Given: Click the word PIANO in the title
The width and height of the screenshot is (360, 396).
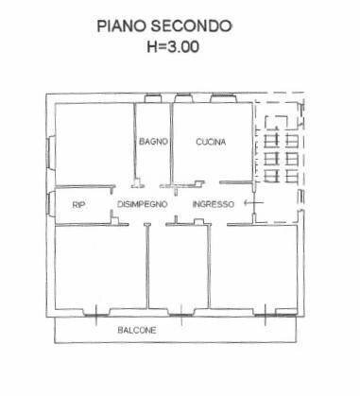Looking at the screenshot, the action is (x=120, y=26).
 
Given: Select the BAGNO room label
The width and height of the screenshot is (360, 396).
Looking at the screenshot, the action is (x=152, y=142).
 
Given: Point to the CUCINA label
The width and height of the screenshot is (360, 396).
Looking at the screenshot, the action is (x=211, y=142).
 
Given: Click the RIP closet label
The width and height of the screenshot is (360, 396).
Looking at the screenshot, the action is (x=77, y=205).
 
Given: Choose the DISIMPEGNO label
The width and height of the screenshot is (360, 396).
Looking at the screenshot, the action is (x=143, y=205).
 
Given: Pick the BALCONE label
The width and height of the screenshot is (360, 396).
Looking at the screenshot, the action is (x=138, y=330).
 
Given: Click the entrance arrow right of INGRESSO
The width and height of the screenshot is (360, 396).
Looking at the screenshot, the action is (x=249, y=203).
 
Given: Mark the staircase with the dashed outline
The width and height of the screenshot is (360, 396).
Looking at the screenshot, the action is (x=279, y=151).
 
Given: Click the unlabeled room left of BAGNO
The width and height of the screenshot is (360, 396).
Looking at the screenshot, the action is (x=93, y=142).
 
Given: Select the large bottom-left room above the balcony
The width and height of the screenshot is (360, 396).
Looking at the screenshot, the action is (x=99, y=269).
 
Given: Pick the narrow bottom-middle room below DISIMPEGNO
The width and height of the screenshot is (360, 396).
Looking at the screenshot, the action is (x=178, y=269).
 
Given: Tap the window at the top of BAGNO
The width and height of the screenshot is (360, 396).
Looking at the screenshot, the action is (x=152, y=97).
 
